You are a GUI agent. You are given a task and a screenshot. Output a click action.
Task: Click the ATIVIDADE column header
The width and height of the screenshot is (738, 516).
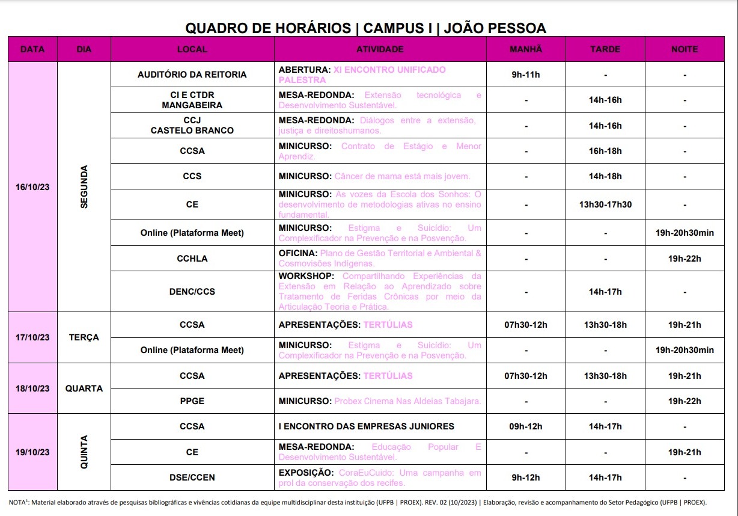point(380,49)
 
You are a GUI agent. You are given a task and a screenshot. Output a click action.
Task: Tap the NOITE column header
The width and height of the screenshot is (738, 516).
point(685,49)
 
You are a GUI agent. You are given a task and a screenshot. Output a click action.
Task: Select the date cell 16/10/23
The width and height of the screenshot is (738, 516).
point(32,187)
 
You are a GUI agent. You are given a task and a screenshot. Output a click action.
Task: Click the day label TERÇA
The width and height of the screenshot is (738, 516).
point(84,337)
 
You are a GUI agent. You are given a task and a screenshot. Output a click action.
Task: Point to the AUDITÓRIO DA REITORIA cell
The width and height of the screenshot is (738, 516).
point(192,75)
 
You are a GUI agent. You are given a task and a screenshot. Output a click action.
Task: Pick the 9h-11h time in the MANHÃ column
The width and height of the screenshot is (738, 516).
point(526,75)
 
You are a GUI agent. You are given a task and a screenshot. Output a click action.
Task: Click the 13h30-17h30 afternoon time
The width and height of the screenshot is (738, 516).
point(605,204)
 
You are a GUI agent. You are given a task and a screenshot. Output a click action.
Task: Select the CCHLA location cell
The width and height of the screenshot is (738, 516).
point(192,259)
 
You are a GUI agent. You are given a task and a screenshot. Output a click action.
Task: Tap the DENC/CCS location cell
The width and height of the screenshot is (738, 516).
point(192,292)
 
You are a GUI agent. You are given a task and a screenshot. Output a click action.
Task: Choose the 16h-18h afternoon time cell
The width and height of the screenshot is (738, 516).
point(605,151)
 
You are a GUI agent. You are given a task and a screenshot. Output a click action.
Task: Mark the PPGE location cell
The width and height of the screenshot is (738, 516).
point(192,401)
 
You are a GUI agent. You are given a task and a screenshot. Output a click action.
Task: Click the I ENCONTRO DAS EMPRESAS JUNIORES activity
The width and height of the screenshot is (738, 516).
point(366,426)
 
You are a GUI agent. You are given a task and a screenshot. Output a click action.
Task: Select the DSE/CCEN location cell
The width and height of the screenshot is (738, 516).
point(192,478)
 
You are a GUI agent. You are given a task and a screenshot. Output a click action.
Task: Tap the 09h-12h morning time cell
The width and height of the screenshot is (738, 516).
point(526,426)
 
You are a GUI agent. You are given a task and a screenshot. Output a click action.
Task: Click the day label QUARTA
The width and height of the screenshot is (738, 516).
point(84,389)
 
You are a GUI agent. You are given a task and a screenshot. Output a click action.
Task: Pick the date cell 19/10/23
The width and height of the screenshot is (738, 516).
point(32,452)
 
